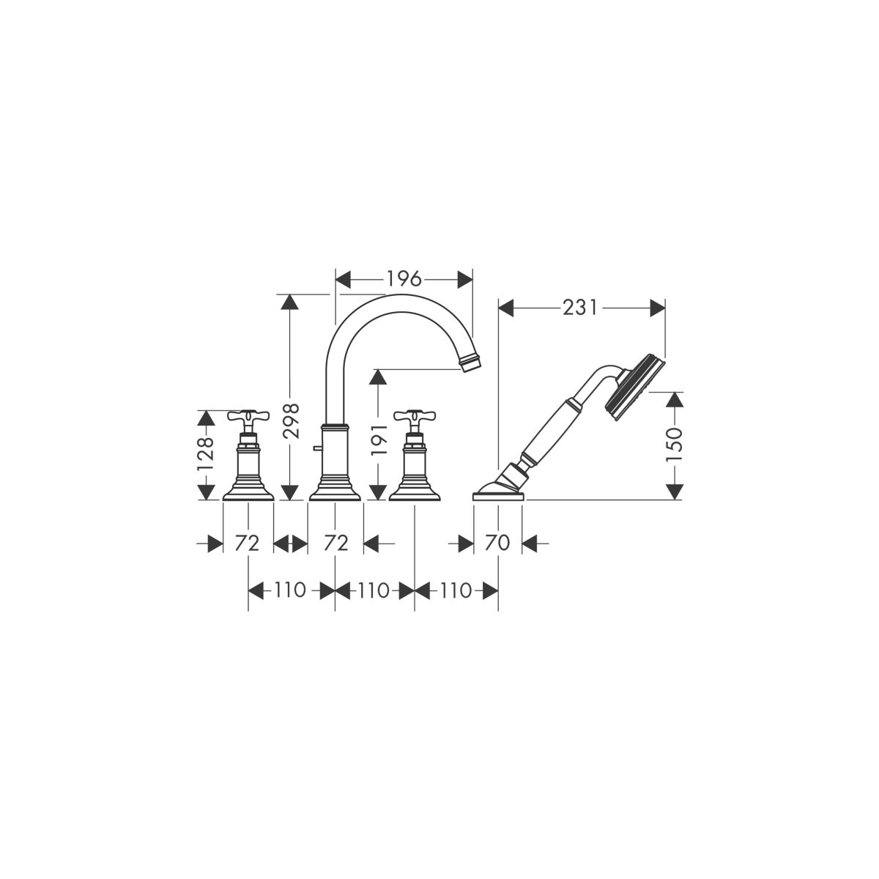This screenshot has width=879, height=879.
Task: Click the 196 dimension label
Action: click(x=404, y=278)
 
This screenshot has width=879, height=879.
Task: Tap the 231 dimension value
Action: click(x=579, y=308)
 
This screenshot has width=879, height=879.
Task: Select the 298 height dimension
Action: click(x=290, y=421)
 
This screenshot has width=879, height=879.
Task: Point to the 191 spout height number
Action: click(x=378, y=439)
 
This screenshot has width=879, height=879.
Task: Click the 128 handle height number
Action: click(x=206, y=454)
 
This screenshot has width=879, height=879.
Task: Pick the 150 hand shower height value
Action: click(x=675, y=444)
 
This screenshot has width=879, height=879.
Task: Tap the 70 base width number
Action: click(x=497, y=543)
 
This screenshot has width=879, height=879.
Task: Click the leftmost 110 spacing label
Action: click(x=290, y=590)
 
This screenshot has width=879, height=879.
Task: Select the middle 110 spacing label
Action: click(x=374, y=590)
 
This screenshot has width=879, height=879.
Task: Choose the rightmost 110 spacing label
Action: click(x=456, y=590)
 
